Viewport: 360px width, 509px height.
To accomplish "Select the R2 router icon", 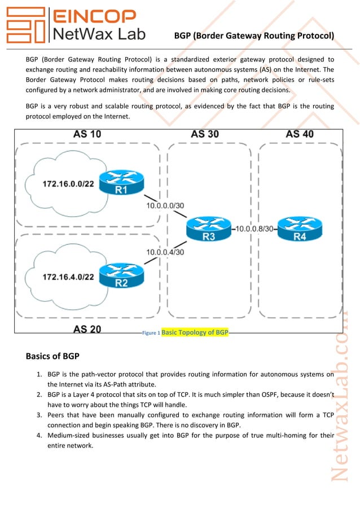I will [121, 276].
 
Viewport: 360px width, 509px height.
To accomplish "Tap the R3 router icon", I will [209, 230].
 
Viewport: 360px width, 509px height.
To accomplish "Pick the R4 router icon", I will [299, 229].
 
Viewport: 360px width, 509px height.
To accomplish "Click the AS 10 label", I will [87, 134].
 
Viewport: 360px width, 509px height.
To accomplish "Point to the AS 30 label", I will [205, 134].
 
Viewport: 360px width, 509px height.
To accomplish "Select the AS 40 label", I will [300, 134].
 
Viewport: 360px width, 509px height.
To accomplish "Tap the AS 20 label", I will [87, 330].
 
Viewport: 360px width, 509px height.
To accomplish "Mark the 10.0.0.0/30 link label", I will [165, 205].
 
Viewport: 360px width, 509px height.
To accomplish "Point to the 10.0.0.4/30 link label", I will [165, 252].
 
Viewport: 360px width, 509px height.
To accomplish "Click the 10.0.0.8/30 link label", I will [254, 229].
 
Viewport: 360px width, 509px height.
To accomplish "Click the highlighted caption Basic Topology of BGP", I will [195, 332].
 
